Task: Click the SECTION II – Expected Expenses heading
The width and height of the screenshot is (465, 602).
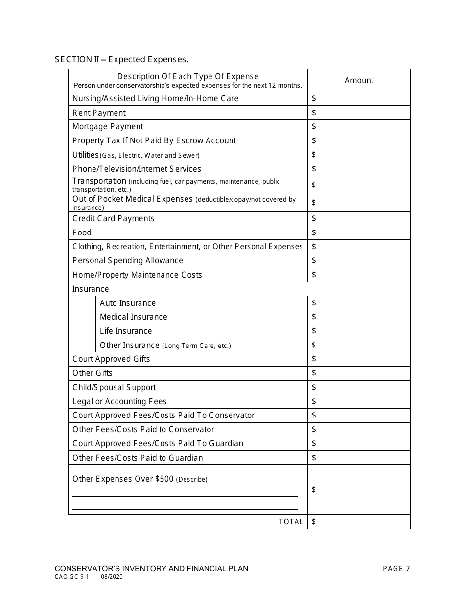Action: point(121,60)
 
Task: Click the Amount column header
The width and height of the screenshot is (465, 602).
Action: point(359,81)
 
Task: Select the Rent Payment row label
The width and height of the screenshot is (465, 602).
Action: point(99,113)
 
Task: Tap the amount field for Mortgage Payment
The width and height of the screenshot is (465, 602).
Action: point(362,127)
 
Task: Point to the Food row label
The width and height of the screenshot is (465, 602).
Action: point(82,232)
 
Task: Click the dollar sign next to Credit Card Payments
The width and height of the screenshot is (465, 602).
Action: point(314,218)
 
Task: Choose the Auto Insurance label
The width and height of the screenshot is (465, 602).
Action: point(128,303)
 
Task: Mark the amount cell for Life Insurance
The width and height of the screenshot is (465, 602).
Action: point(362,331)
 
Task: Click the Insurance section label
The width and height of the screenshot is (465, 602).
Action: point(91,289)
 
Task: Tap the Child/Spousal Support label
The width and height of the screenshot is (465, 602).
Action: point(114,387)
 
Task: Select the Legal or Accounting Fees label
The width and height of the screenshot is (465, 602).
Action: point(119,401)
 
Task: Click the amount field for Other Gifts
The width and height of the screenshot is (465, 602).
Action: point(362,373)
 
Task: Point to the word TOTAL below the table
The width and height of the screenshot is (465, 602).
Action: point(291,522)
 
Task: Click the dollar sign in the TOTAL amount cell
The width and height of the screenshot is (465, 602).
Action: point(314,522)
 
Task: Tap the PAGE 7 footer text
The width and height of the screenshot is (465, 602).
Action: point(396,569)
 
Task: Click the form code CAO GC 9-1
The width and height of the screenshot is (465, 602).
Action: point(71,577)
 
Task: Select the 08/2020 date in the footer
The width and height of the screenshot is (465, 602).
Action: point(112,577)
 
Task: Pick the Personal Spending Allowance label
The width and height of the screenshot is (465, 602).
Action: point(128,260)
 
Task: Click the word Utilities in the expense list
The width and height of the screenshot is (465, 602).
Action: point(86,155)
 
